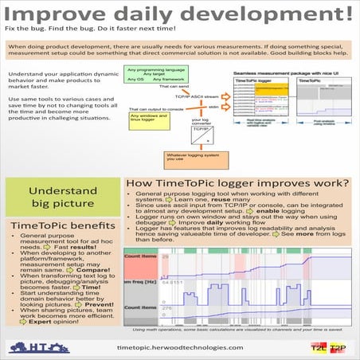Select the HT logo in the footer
click(x=37, y=346)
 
